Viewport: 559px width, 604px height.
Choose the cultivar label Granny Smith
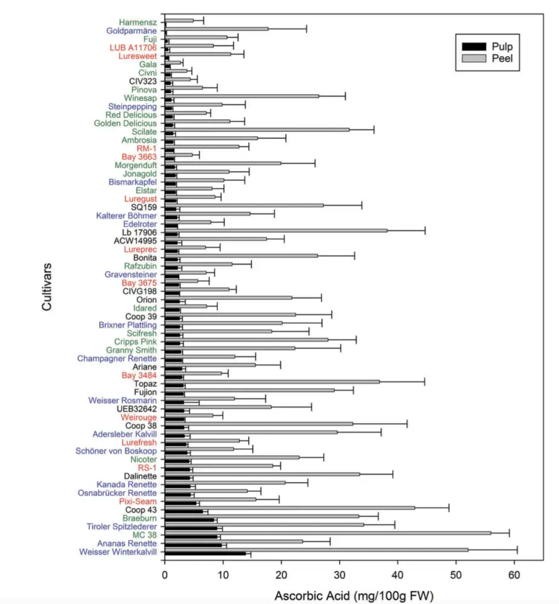pos(131,350)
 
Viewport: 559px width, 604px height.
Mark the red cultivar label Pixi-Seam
pos(139,501)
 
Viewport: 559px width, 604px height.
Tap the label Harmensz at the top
pos(138,22)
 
